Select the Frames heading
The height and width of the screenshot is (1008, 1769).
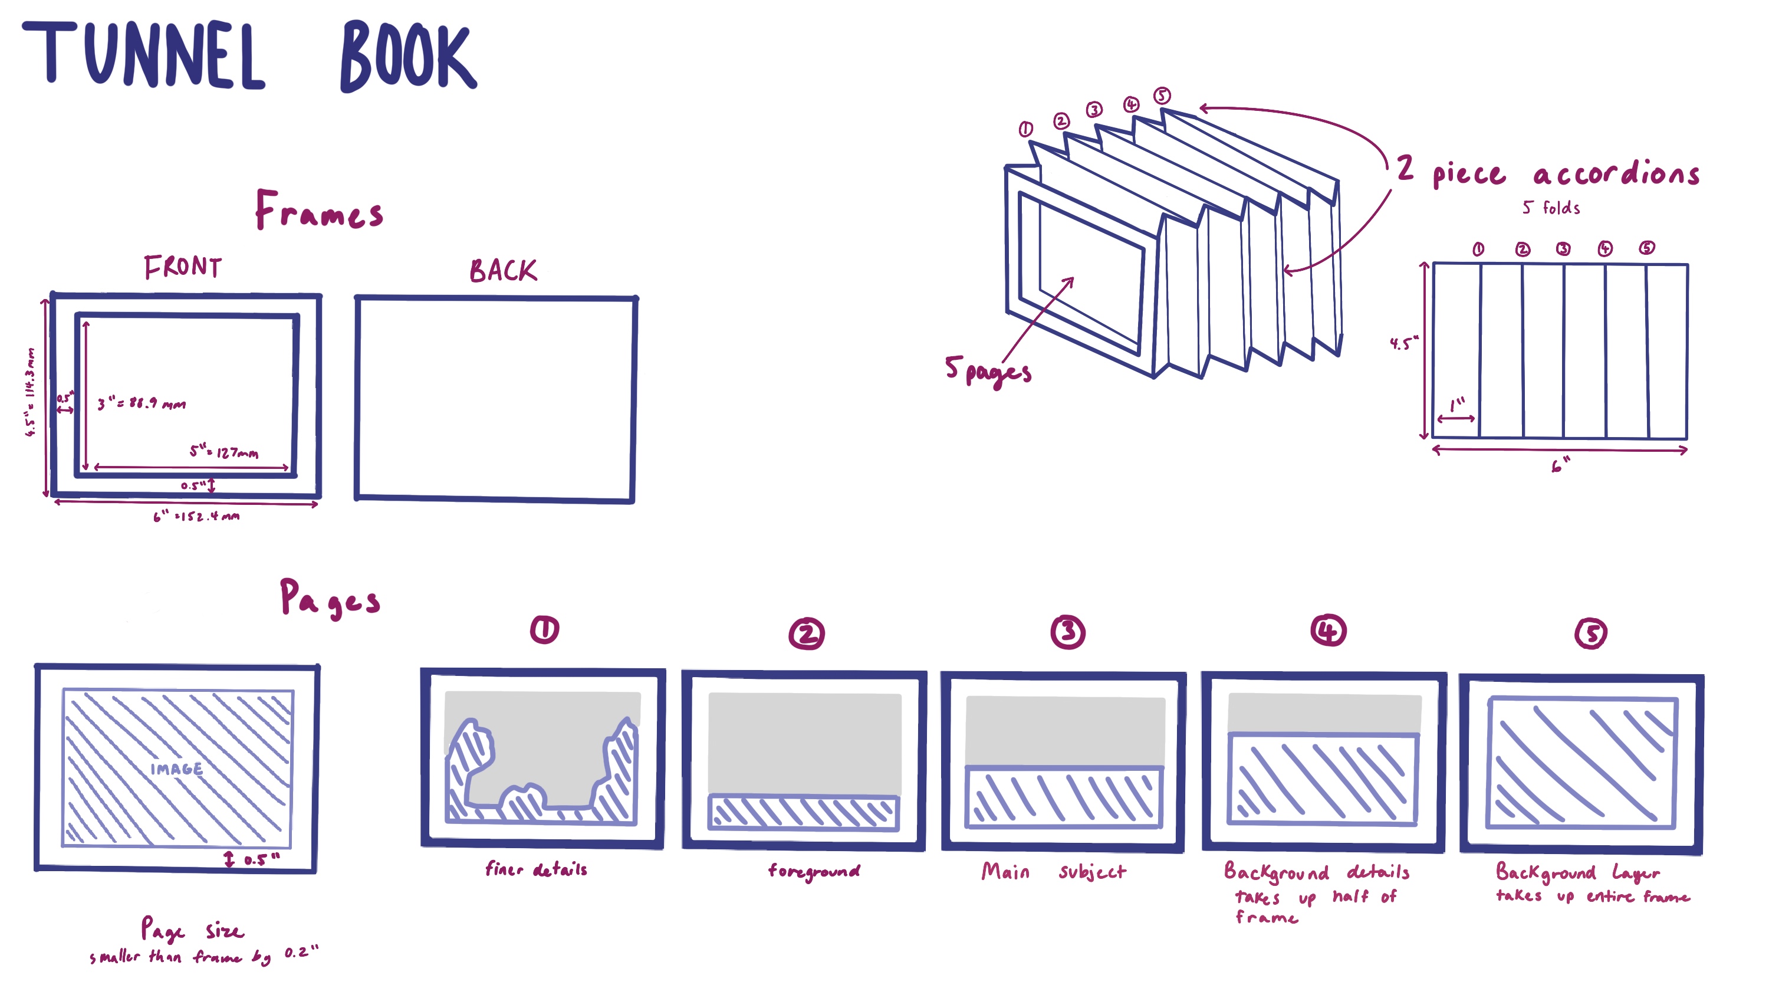tap(318, 210)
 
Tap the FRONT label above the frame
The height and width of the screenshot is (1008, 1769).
tap(183, 267)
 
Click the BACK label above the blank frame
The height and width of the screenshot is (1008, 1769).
tap(503, 271)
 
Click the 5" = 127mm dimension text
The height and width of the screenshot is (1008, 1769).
tap(223, 452)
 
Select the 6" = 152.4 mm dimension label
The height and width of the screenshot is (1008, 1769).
tap(196, 516)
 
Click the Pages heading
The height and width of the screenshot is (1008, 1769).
tap(330, 599)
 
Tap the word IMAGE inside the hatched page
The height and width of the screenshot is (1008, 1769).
tap(176, 769)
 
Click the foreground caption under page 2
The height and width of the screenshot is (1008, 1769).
tap(814, 872)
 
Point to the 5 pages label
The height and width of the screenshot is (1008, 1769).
tap(988, 371)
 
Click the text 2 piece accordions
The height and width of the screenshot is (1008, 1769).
tap(1547, 172)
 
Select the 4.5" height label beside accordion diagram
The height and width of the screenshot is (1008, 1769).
tap(1403, 343)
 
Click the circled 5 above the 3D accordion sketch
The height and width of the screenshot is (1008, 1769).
tap(1162, 96)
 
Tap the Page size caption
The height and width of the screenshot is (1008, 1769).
tap(192, 930)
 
